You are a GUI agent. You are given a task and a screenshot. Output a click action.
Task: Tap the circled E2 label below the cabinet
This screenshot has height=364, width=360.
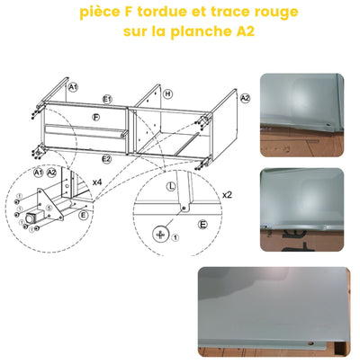(x=106, y=158)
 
